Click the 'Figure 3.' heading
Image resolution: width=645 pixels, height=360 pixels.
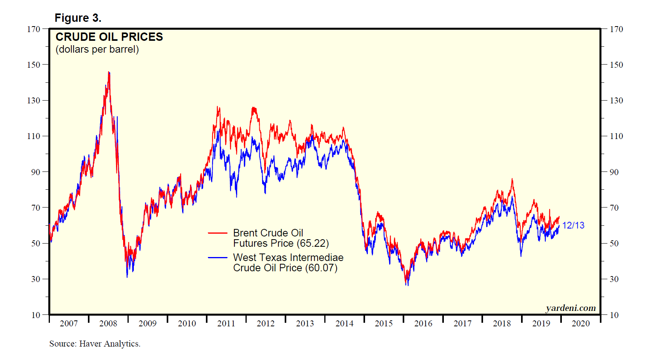pos(78,18)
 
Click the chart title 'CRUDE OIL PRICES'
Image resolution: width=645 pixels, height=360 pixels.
pos(109,37)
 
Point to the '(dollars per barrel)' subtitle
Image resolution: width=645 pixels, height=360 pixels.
pos(97,50)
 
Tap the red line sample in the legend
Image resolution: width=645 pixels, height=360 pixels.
pos(217,233)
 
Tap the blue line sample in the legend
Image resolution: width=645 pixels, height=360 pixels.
pos(217,258)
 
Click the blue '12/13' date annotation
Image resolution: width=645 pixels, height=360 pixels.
pos(573,225)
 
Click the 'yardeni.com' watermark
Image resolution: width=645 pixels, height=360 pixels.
pos(571,308)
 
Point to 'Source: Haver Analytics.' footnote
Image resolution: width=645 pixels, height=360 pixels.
pos(95,344)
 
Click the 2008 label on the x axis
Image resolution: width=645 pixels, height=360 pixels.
pos(108,324)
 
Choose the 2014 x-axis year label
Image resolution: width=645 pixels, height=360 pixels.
pos(344,324)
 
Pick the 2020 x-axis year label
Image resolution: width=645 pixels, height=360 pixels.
pos(580,324)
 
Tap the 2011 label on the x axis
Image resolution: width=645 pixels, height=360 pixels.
pos(226,324)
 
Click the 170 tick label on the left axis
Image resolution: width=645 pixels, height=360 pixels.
pos(34,29)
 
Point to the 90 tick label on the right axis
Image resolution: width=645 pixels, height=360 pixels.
pos(614,172)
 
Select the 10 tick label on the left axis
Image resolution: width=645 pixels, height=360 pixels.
pos(36,315)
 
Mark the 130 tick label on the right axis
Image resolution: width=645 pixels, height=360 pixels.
pos(616,101)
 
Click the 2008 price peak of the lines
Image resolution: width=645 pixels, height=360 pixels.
pos(109,72)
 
